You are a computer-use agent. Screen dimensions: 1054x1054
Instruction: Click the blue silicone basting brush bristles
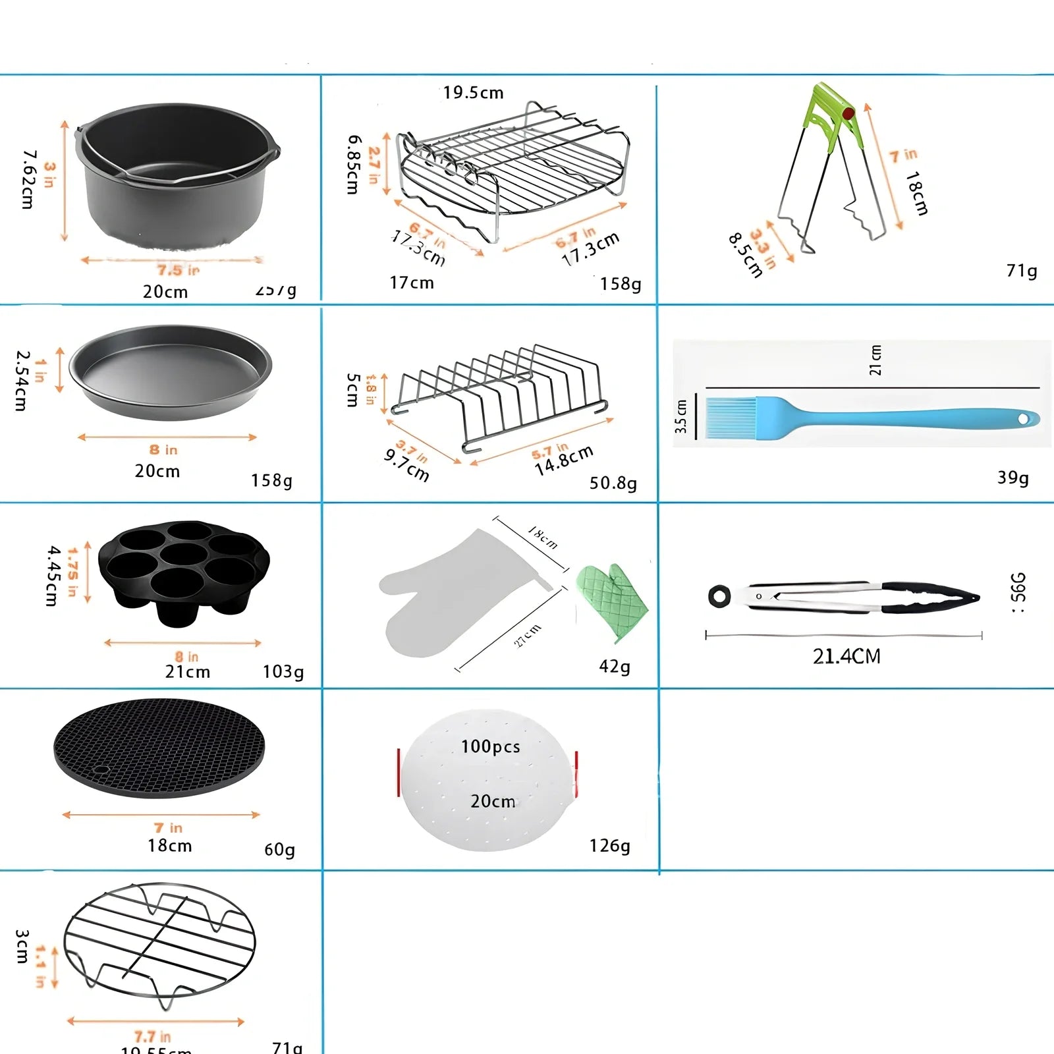click(x=730, y=418)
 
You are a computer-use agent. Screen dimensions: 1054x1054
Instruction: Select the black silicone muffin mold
click(x=184, y=572)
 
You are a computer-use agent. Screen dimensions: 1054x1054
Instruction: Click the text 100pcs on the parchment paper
click(x=490, y=746)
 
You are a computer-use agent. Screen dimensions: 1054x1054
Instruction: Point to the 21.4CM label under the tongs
click(x=846, y=656)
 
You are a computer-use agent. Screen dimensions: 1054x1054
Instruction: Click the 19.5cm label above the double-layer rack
click(x=473, y=93)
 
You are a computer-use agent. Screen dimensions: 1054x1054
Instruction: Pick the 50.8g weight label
click(x=613, y=483)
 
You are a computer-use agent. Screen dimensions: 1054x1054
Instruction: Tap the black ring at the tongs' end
click(x=719, y=596)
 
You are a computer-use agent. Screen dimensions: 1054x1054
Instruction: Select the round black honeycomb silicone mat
click(x=159, y=748)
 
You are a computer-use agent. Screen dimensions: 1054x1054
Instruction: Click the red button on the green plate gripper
click(x=848, y=113)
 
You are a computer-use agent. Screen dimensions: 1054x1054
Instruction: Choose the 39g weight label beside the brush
click(x=1012, y=478)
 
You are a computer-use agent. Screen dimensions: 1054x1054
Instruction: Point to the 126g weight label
click(x=609, y=845)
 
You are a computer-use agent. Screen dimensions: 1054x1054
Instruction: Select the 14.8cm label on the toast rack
click(x=564, y=460)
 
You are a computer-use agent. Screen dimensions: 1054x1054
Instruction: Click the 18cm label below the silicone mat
click(x=169, y=845)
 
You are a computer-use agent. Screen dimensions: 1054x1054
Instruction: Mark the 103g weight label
click(x=283, y=671)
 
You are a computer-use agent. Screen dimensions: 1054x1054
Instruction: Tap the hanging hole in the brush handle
click(x=1023, y=418)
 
